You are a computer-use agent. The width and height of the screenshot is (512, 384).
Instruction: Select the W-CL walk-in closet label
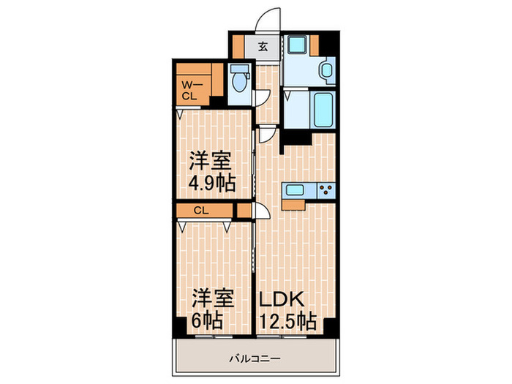pyautogui.click(x=189, y=89)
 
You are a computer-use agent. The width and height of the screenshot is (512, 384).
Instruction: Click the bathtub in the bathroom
pyautogui.click(x=322, y=108)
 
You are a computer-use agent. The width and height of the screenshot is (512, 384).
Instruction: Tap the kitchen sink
pyautogui.click(x=296, y=191)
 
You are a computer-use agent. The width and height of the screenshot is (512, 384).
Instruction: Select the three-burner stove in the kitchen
pyautogui.click(x=324, y=191)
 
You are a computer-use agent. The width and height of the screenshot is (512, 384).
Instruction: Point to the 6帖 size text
pyautogui.click(x=208, y=320)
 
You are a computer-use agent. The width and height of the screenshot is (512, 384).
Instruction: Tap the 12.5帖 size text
pyautogui.click(x=287, y=320)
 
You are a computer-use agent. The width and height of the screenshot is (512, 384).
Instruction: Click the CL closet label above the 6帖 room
pyautogui.click(x=201, y=210)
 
